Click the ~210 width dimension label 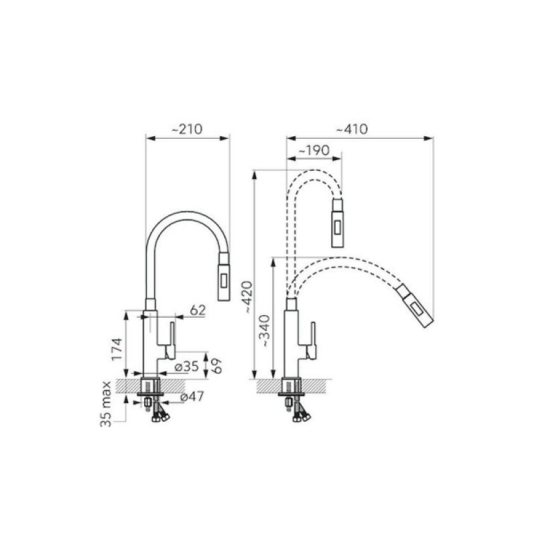tap(187, 129)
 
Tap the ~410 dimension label tap(352, 129)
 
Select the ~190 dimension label tap(314, 151)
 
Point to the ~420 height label tap(248, 297)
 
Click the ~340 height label tap(264, 331)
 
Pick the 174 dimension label tap(117, 349)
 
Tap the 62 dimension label tap(198, 310)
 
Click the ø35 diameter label tap(186, 366)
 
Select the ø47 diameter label tap(192, 396)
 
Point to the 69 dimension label tap(216, 366)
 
